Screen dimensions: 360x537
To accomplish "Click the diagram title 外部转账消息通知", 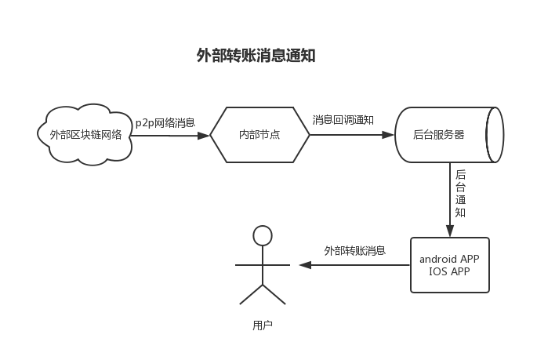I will (x=256, y=56).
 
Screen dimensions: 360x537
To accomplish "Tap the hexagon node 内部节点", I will (x=259, y=135).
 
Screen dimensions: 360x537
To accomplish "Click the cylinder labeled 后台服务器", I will (x=439, y=135).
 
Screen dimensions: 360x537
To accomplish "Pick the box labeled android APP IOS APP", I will (x=450, y=265).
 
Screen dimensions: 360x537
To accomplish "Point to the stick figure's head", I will (x=263, y=235).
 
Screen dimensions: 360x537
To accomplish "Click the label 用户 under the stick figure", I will (x=263, y=325).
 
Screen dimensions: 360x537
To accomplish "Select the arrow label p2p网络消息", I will (x=165, y=122).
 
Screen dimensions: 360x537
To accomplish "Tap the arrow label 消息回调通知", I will (x=343, y=120).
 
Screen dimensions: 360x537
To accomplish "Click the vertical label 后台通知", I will (x=460, y=194).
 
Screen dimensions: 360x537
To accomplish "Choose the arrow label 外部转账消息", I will (x=354, y=250).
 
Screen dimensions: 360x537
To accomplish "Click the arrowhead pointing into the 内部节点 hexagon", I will (x=205, y=136).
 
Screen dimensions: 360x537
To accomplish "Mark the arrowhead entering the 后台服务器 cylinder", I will (x=388, y=136).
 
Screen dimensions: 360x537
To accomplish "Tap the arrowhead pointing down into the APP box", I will (x=450, y=231).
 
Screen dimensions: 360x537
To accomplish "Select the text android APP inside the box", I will (x=450, y=259).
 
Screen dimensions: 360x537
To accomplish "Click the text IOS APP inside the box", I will (x=450, y=271).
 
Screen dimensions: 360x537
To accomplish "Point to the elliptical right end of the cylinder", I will (x=495, y=135).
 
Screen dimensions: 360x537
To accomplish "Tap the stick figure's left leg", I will (x=252, y=293).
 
